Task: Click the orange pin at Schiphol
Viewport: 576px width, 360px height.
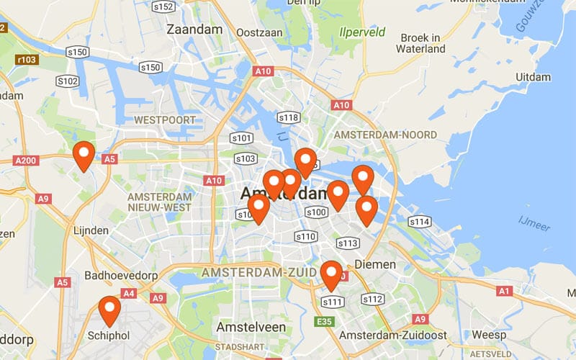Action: point(109,310)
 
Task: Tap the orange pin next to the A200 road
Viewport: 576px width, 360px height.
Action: point(84,156)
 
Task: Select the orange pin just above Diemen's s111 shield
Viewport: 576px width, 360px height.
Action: point(331,275)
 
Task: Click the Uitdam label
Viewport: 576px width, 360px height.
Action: point(533,77)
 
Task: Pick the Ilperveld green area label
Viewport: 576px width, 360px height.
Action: point(362,32)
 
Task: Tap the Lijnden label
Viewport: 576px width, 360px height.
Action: point(91,230)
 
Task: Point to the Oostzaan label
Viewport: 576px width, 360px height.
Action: point(256,32)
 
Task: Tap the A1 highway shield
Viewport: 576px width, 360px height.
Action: point(505,291)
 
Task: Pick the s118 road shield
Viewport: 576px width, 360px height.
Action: point(288,117)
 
